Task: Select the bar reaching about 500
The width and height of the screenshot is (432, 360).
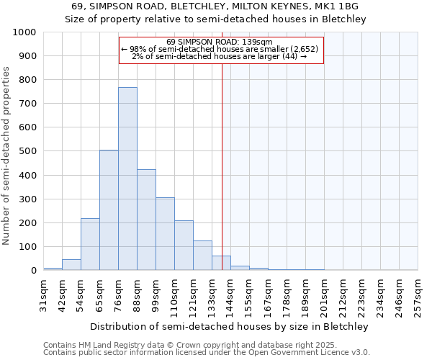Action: point(109,210)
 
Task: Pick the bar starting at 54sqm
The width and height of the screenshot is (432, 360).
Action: point(90,244)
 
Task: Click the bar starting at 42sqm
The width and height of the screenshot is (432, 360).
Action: point(71,264)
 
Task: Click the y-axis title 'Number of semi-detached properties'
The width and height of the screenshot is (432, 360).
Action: point(7,156)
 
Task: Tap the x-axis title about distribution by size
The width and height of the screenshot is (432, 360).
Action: point(230,326)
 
